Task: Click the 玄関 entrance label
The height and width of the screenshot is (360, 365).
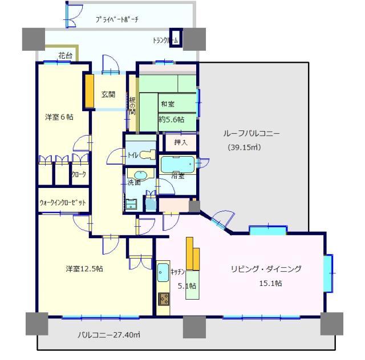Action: (108, 95)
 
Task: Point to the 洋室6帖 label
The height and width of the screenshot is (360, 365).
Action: (59, 118)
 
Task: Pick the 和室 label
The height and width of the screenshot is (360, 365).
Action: (167, 104)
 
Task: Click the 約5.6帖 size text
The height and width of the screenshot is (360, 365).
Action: (171, 120)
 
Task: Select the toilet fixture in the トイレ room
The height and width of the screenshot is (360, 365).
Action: (147, 154)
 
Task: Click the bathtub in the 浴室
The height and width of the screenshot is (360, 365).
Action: (177, 164)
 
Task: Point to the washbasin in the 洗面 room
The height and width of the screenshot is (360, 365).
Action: (140, 175)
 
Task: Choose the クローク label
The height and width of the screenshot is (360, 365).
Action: (79, 175)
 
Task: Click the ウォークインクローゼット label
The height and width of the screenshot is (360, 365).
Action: (63, 202)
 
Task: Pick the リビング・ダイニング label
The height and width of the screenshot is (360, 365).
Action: (266, 269)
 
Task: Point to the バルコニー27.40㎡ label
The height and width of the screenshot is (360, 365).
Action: (110, 335)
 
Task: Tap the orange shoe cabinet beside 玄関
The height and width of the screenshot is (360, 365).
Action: (89, 90)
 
